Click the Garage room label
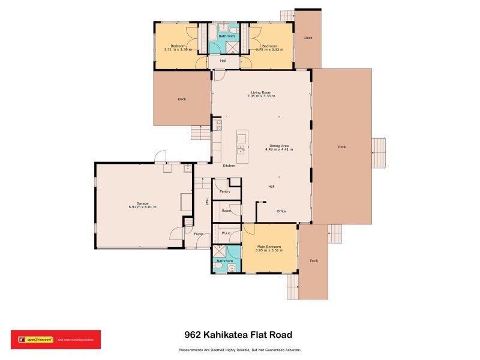click(142, 203)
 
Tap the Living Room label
click(263, 92)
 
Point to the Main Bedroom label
click(269, 247)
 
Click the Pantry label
click(225, 191)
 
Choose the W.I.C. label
click(226, 233)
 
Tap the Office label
click(281, 211)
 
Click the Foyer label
click(199, 233)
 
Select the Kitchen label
click(229, 166)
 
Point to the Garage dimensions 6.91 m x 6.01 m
click(142, 207)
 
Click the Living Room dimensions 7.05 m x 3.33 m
click(263, 96)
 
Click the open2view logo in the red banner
click(36, 340)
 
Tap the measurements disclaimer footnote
click(239, 350)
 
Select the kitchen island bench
click(242, 147)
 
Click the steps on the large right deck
click(379, 154)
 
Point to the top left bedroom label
click(178, 46)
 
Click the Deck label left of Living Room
click(182, 99)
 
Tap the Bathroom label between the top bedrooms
click(226, 37)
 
